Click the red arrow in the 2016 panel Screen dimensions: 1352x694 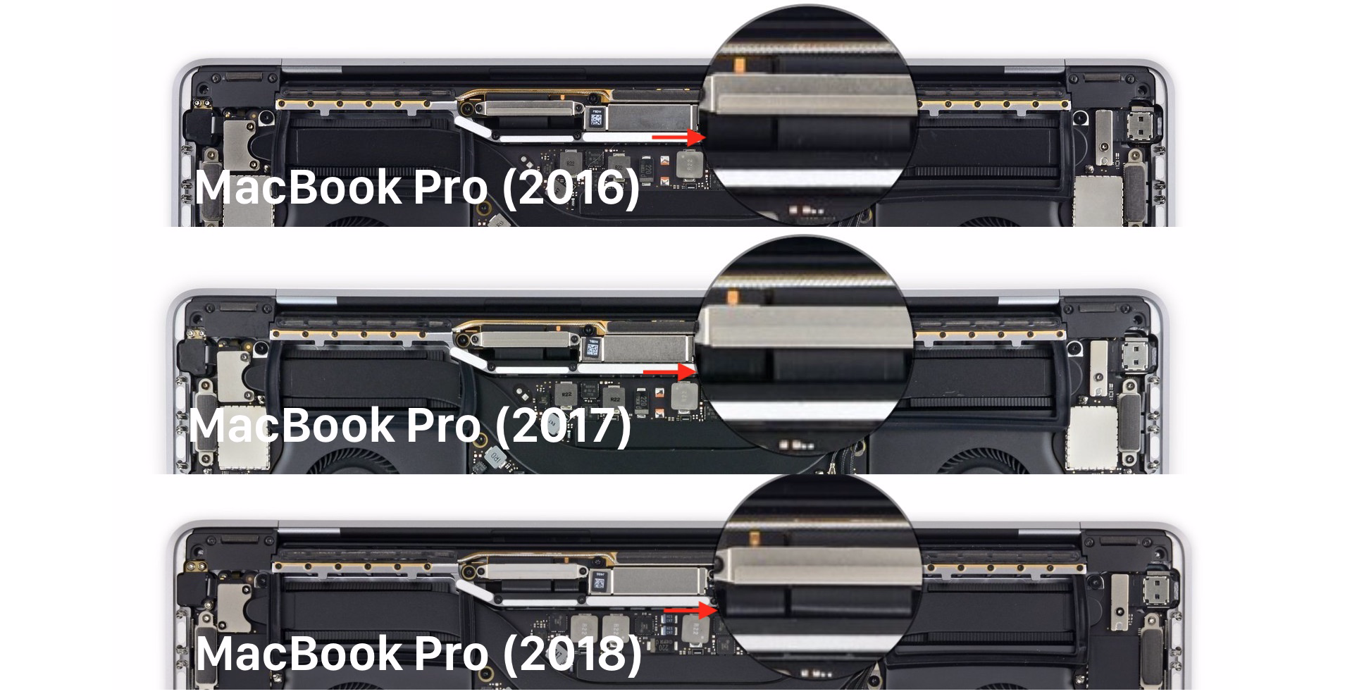[x=678, y=137]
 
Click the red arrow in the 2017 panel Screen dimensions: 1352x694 [x=670, y=371]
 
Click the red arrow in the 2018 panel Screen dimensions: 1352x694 [x=691, y=610]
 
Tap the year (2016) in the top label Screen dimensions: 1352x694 [x=571, y=188]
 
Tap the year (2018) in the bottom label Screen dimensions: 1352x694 [x=573, y=654]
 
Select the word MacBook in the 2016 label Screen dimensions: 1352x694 [x=299, y=187]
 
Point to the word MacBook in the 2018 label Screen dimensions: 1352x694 [x=299, y=654]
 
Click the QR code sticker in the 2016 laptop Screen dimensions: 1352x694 [x=595, y=118]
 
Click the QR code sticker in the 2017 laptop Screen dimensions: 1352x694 [x=592, y=349]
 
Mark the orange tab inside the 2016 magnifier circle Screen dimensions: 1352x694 [x=739, y=66]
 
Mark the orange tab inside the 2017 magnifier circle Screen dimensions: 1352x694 [x=732, y=296]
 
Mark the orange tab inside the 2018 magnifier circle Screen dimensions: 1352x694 [x=755, y=539]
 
